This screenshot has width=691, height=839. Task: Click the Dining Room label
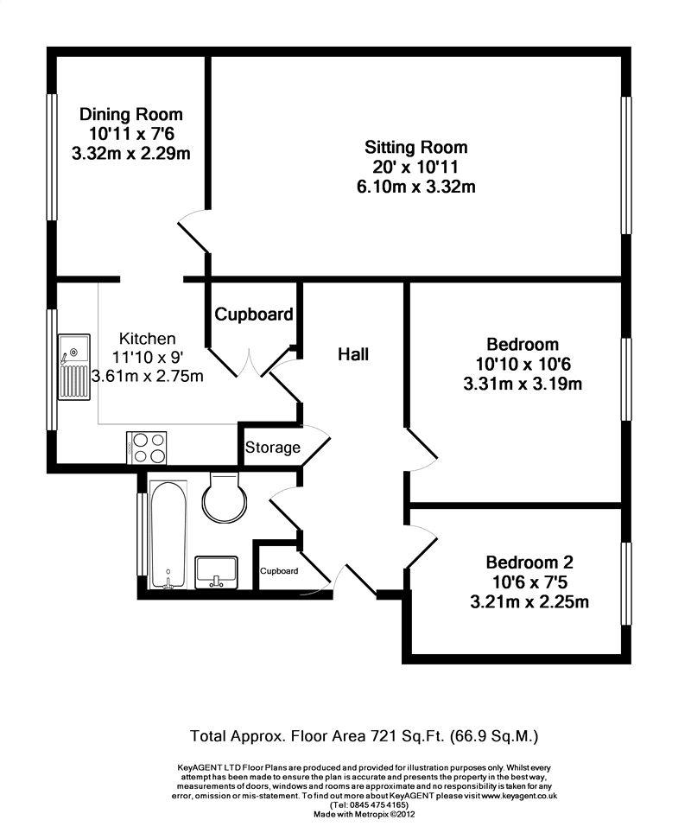tap(131, 114)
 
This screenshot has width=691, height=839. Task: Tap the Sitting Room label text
tap(416, 147)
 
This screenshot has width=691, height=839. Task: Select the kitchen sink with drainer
tap(74, 366)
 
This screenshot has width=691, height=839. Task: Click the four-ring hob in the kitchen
tap(147, 448)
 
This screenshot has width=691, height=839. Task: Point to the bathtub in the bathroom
tap(168, 534)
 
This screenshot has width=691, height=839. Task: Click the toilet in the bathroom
tap(225, 498)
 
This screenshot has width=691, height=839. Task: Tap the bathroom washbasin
tap(217, 573)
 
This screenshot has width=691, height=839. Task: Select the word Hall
tap(353, 354)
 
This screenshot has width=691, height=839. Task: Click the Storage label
tap(273, 448)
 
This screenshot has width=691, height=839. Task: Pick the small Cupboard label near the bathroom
tap(279, 571)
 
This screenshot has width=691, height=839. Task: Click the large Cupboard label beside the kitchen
tap(254, 315)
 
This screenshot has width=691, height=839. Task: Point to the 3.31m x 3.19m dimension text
tap(523, 384)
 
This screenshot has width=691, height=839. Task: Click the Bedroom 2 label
tap(529, 563)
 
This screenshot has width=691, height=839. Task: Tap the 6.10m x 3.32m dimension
tap(416, 187)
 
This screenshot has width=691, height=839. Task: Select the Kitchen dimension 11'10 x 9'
tap(148, 357)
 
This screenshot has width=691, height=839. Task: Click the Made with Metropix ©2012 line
tap(365, 814)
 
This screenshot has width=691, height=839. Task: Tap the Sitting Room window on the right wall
tap(626, 165)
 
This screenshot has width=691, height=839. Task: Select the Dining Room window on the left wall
tap(52, 156)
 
